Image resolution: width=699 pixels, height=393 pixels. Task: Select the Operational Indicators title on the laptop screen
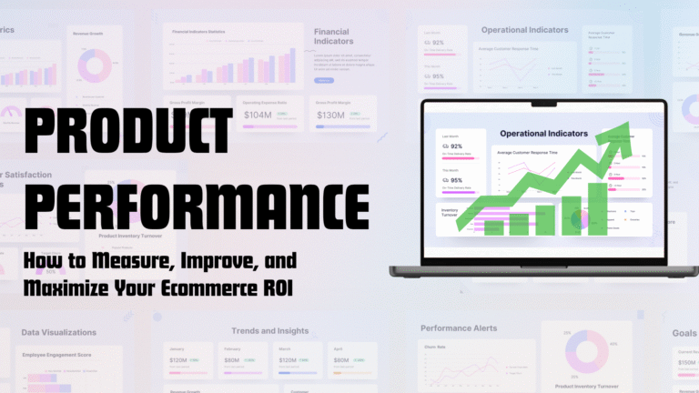pyautogui.click(x=543, y=134)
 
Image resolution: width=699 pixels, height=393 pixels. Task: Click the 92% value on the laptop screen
pyautogui.click(x=457, y=146)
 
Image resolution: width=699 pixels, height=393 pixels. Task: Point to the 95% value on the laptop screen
pyautogui.click(x=457, y=180)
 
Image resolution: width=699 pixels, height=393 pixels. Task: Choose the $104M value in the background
pyautogui.click(x=258, y=115)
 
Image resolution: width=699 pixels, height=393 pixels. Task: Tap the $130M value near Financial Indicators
pyautogui.click(x=330, y=115)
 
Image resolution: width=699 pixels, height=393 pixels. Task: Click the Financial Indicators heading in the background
pyautogui.click(x=331, y=36)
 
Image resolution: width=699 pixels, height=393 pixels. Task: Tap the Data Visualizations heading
pyautogui.click(x=56, y=333)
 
